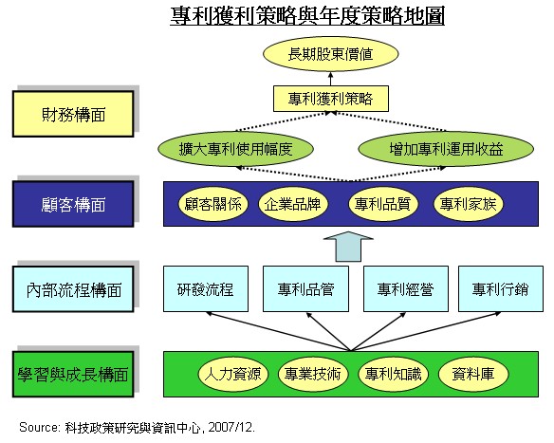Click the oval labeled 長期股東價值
pos(331,54)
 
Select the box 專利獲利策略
pos(331,99)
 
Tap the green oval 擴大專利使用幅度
pos(235,149)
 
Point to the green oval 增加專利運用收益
pos(446,149)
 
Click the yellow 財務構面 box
pos(73,114)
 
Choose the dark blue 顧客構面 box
pos(73,204)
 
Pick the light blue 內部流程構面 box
pos(73,289)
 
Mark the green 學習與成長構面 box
pos(73,374)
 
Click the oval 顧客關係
pos(213,204)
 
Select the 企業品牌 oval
pos(293,204)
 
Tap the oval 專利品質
pos(383,204)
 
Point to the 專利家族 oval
pos(468,204)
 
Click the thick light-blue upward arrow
pos(348,247)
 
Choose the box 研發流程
pos(206,289)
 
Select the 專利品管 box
pos(306,289)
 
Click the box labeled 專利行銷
pos(501,289)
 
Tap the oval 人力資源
pos(233,374)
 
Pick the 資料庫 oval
pos(473,374)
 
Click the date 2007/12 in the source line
pos(231,428)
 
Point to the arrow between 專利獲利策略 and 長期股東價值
pos(331,79)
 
